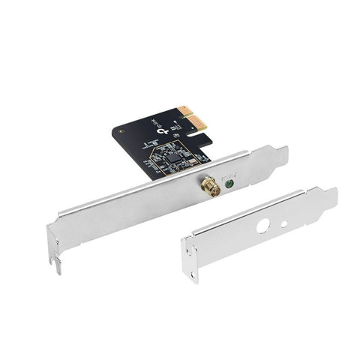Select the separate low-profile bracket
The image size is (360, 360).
coord(255,232)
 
